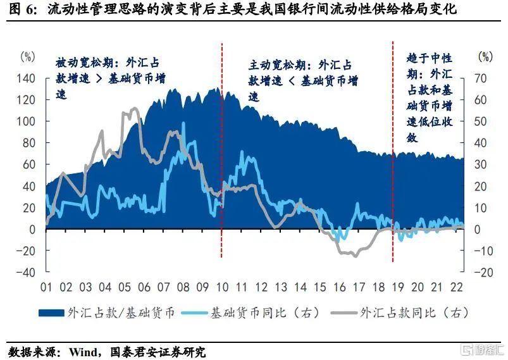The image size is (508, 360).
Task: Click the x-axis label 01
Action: (x=46, y=287)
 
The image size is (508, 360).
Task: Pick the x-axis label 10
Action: (x=223, y=287)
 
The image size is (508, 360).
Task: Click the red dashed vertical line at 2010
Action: (x=221, y=158)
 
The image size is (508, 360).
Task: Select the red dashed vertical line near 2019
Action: (x=393, y=158)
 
